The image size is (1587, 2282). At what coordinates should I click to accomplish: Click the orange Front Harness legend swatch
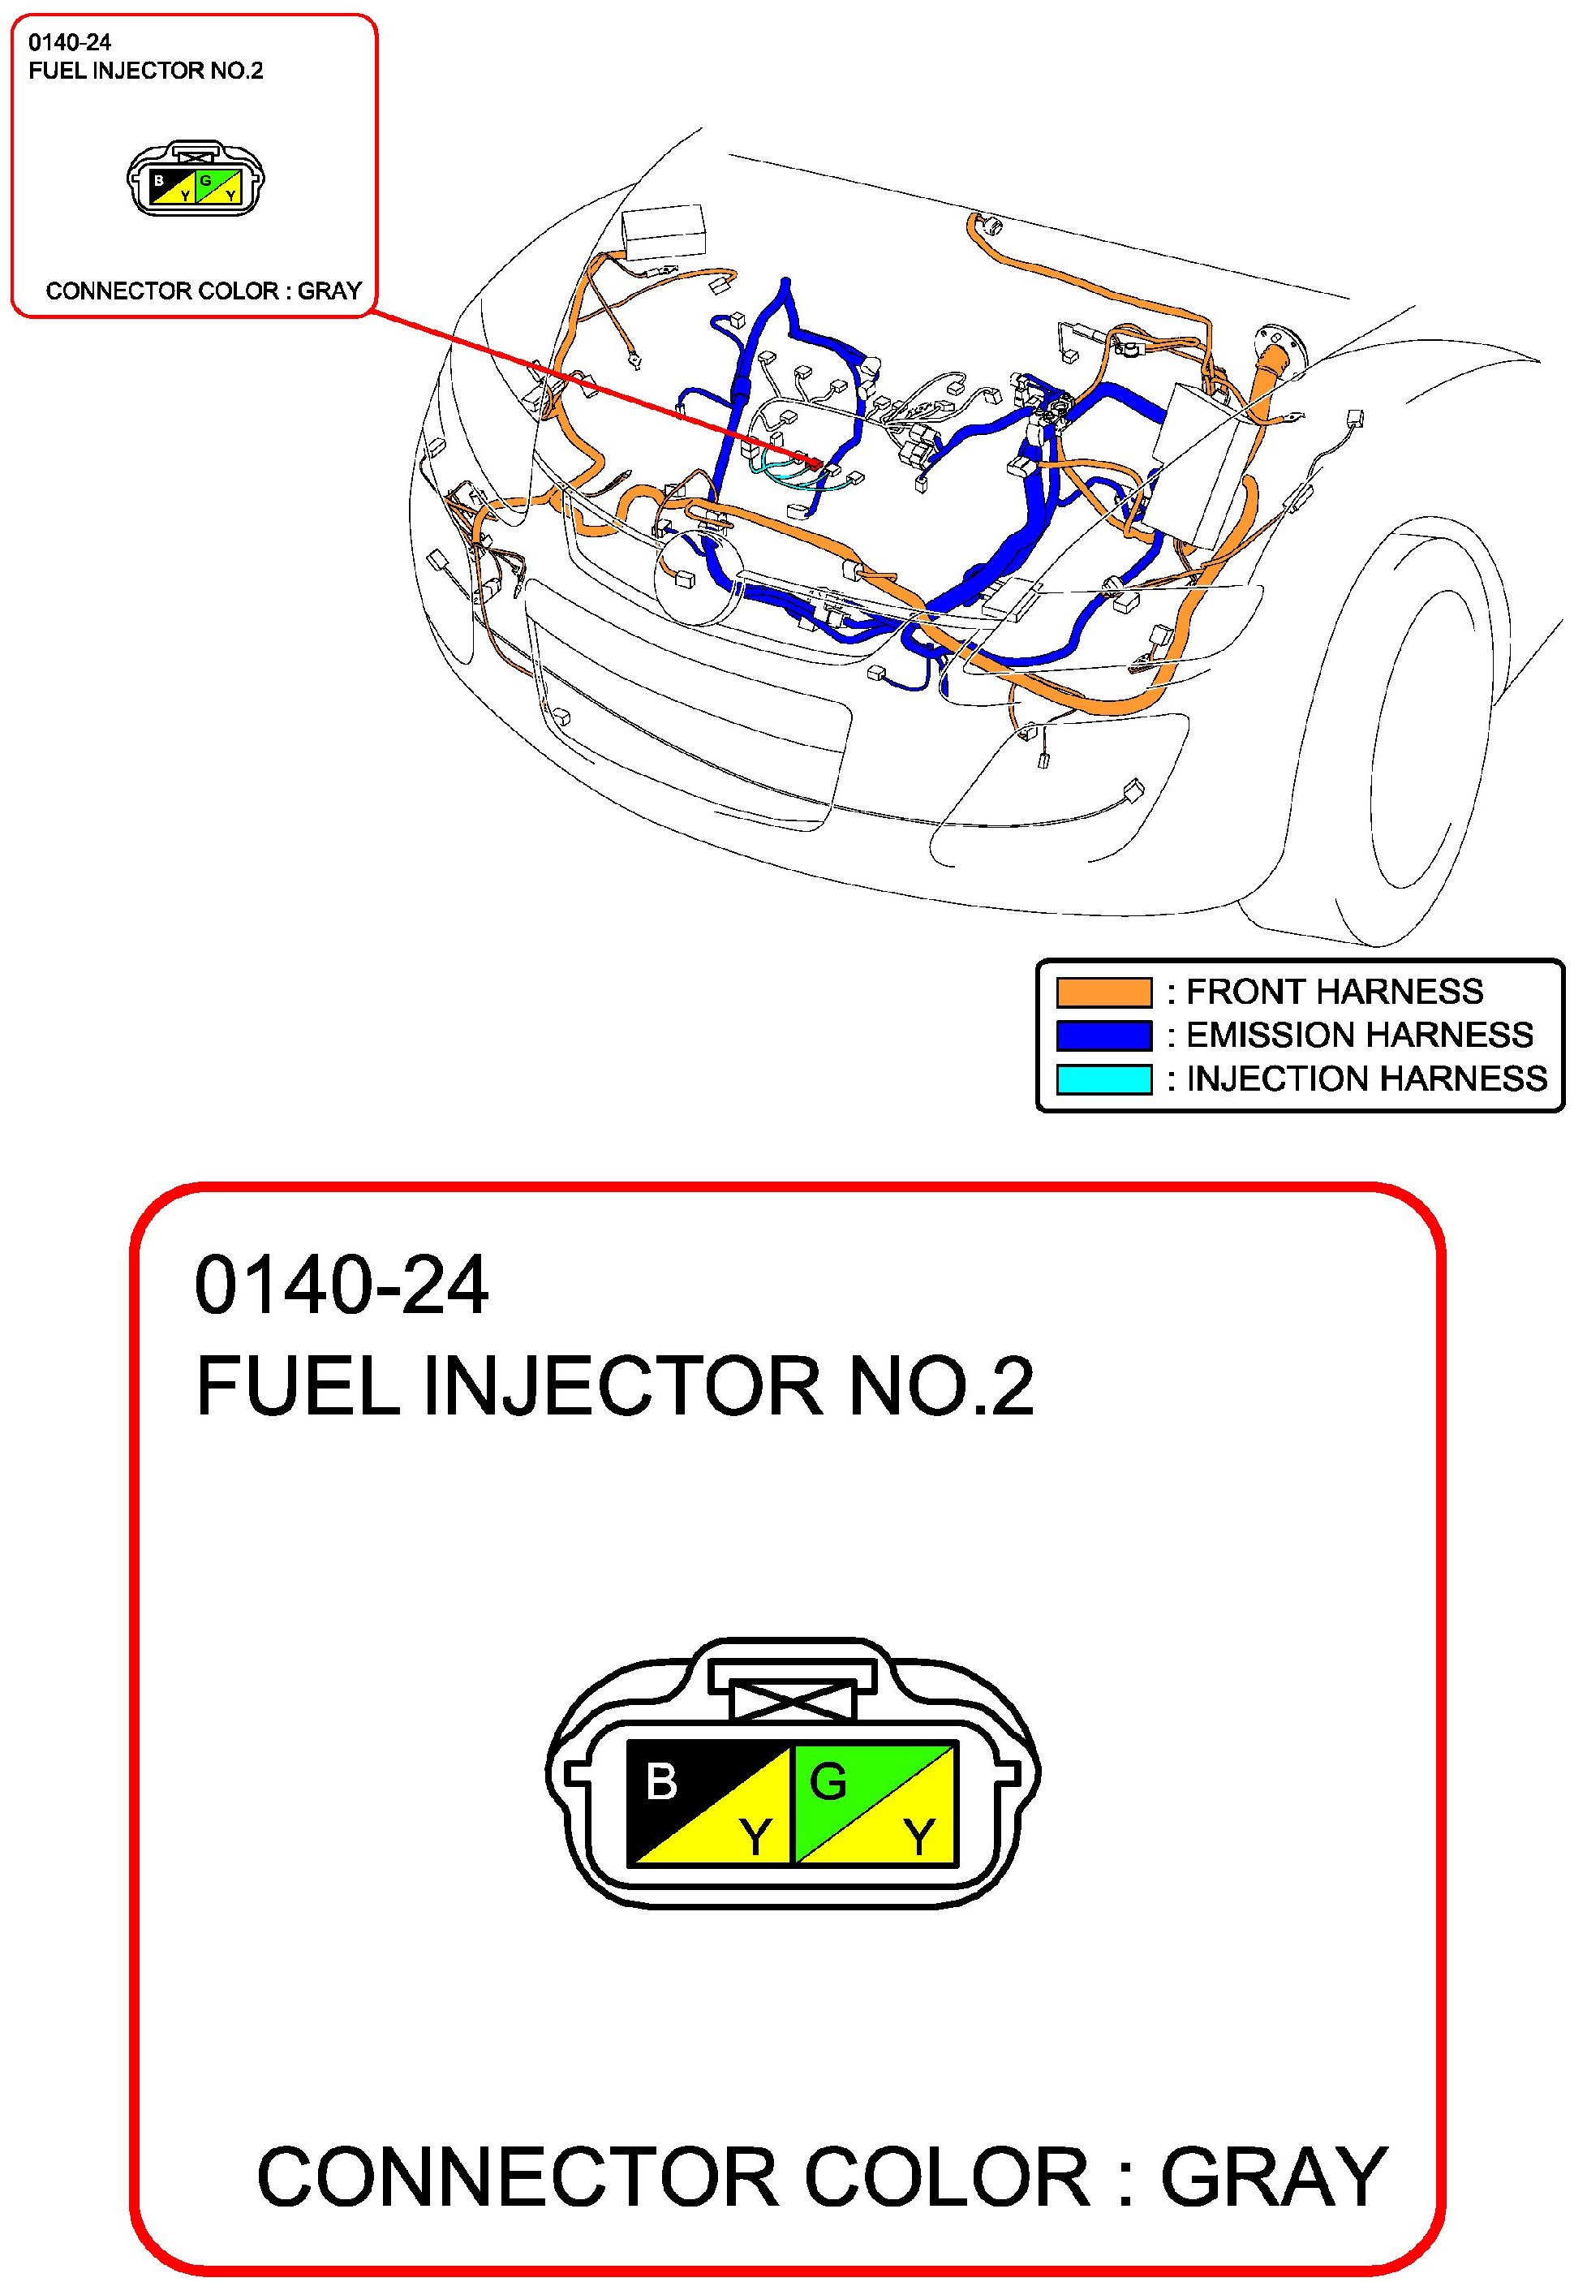pyautogui.click(x=1103, y=992)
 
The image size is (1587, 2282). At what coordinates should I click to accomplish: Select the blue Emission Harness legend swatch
pyautogui.click(x=1103, y=1035)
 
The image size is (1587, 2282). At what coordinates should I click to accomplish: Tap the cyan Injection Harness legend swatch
pyautogui.click(x=1103, y=1079)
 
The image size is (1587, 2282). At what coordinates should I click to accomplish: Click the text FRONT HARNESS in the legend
pyautogui.click(x=1334, y=992)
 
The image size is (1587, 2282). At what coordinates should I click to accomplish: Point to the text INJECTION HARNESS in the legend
pyautogui.click(x=1366, y=1079)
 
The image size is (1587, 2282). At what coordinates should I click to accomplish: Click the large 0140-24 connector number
pyautogui.click(x=341, y=1286)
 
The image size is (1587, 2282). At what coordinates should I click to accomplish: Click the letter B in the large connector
pyautogui.click(x=660, y=1781)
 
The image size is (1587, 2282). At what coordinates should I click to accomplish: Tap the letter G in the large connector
pyautogui.click(x=828, y=1781)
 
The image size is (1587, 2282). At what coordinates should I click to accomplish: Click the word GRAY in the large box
pyautogui.click(x=1274, y=2177)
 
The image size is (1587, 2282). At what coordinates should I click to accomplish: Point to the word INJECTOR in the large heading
pyautogui.click(x=623, y=1385)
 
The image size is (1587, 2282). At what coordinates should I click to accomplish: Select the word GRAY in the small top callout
pyautogui.click(x=330, y=291)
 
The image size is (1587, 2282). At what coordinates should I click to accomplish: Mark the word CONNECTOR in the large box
pyautogui.click(x=517, y=2177)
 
